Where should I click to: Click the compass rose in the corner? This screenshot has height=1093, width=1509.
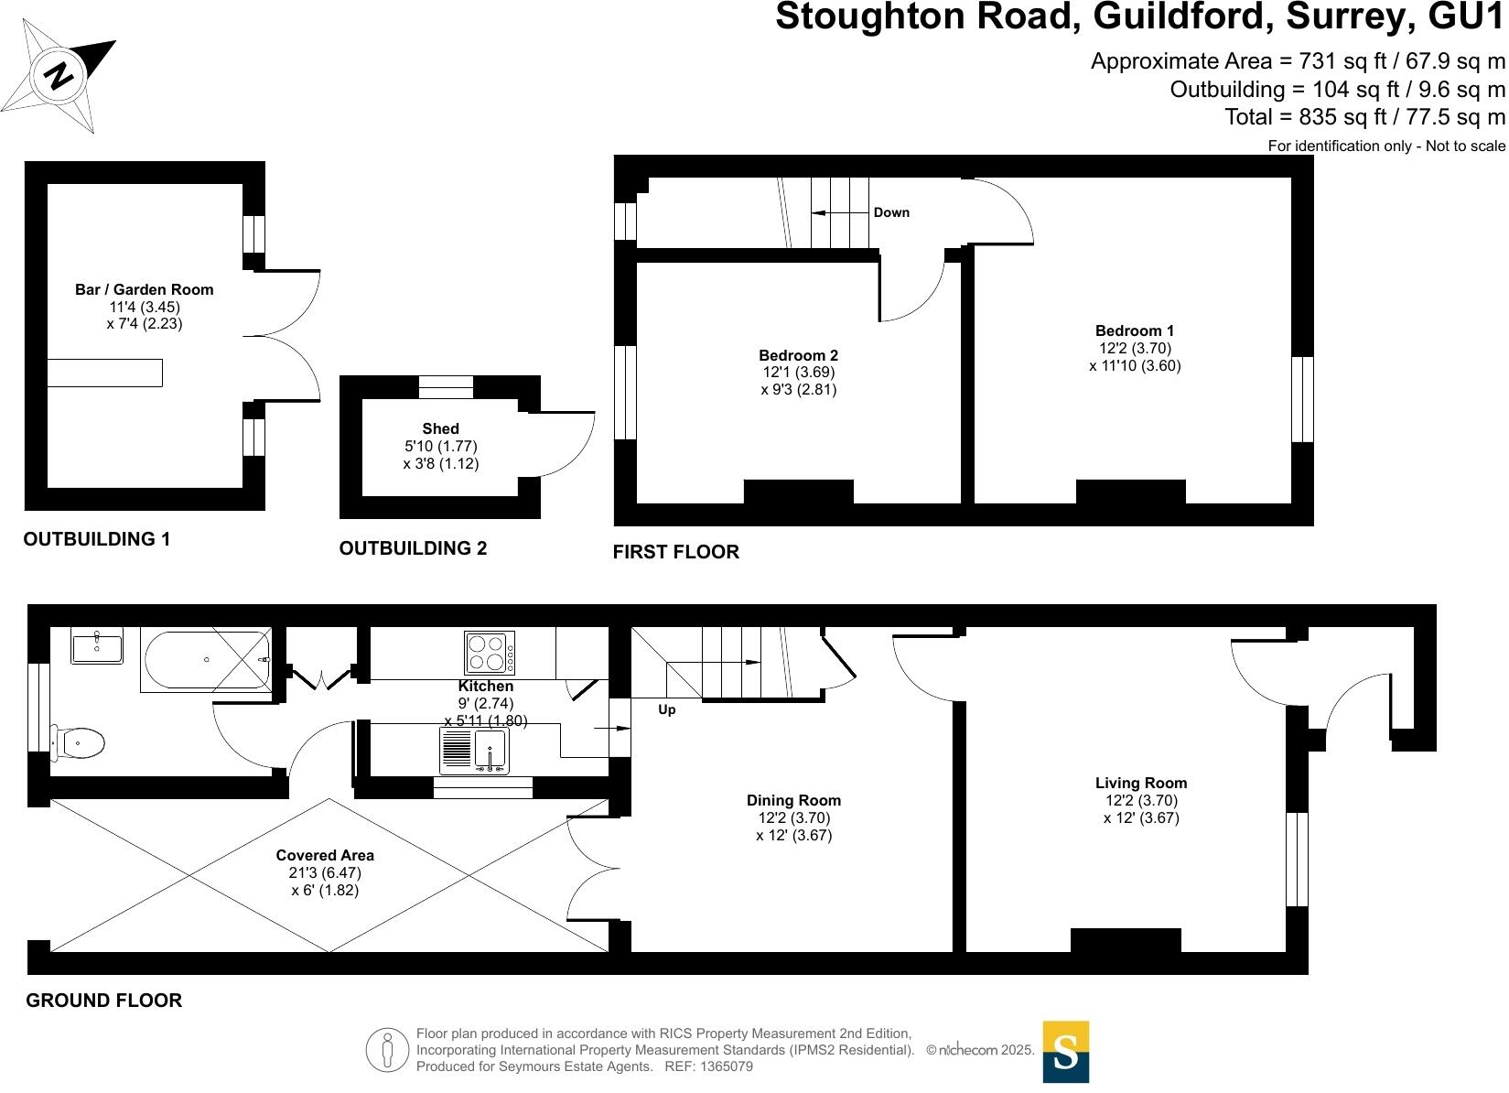(59, 75)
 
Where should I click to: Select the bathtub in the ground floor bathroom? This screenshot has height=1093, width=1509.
(206, 659)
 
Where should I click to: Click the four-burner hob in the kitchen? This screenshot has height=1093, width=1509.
(489, 654)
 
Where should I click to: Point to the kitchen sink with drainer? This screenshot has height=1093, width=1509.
(473, 751)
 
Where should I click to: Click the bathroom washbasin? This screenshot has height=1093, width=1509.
(96, 646)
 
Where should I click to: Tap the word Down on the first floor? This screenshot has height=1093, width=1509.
(891, 212)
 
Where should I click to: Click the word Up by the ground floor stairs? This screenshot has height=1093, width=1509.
(667, 709)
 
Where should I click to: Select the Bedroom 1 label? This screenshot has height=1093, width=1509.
(1135, 330)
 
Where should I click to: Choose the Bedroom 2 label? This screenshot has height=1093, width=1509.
(798, 355)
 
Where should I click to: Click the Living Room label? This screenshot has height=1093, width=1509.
(1141, 783)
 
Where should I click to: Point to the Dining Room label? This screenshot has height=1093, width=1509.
(793, 800)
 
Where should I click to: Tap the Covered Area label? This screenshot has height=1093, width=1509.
(325, 855)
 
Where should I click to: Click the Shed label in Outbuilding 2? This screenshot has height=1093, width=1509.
(440, 428)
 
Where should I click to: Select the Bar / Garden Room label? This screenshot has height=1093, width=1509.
(144, 289)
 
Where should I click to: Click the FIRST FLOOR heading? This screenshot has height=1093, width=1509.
(675, 552)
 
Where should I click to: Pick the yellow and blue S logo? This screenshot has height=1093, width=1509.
(1066, 1052)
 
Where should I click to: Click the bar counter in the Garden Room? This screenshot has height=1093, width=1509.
(104, 373)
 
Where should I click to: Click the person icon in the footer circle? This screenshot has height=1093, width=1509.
(388, 1051)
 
